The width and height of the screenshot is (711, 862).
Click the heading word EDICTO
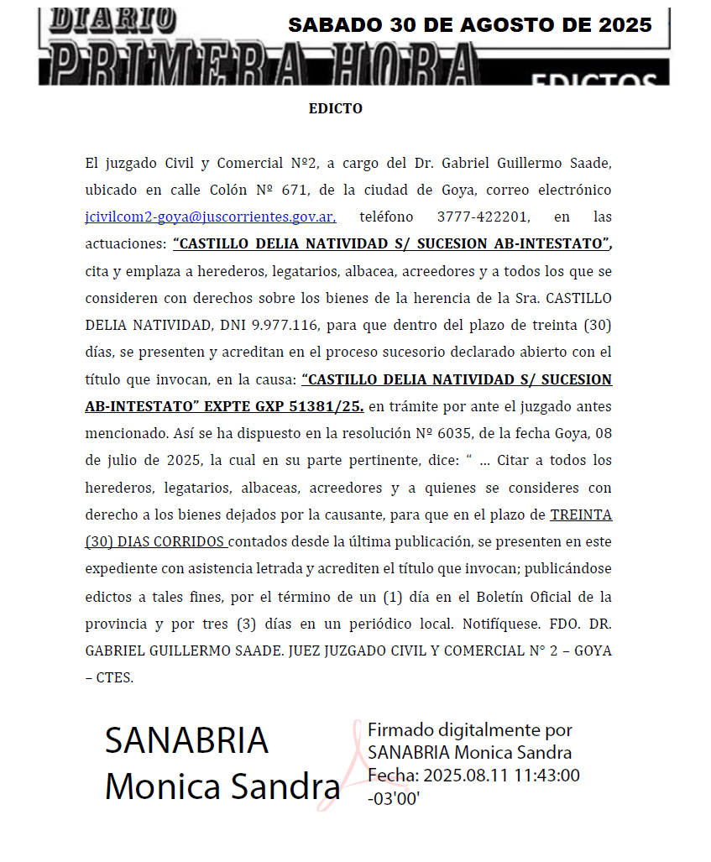335,109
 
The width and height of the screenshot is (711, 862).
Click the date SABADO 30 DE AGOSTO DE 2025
469,25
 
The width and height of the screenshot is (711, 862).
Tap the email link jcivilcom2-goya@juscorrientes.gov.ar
211,217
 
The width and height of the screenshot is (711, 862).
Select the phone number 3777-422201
483,217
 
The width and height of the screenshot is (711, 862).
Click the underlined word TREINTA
581,515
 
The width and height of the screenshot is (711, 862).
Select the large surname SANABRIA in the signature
186,740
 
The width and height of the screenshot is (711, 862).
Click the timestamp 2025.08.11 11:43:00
501,775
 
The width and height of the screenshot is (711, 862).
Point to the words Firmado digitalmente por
470,730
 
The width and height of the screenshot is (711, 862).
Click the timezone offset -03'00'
394,798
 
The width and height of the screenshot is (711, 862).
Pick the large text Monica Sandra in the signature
222,786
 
